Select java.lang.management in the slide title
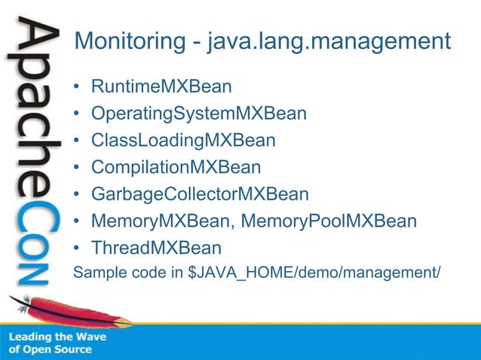328,41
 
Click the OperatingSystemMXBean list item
198,114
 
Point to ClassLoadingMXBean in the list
182,140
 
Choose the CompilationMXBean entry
176,167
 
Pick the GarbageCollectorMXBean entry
200,194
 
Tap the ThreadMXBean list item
156,248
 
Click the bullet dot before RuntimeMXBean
77,87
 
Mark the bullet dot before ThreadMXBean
77,249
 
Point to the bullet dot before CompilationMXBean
77,168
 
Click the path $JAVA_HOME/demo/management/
313,272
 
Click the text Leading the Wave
57,337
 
